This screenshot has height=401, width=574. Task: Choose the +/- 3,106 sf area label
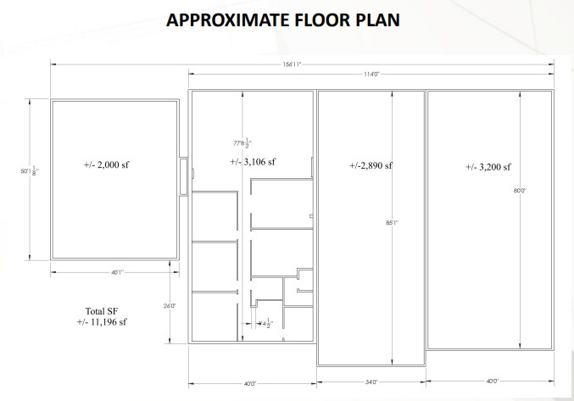point(253,162)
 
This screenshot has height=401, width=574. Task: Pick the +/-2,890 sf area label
point(371,165)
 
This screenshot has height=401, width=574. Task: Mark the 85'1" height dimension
point(392,223)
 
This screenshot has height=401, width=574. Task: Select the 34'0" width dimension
point(370,382)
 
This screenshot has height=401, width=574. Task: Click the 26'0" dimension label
point(170,305)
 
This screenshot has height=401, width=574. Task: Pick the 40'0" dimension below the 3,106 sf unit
point(250,383)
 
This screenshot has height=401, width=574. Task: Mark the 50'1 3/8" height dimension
point(35,173)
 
